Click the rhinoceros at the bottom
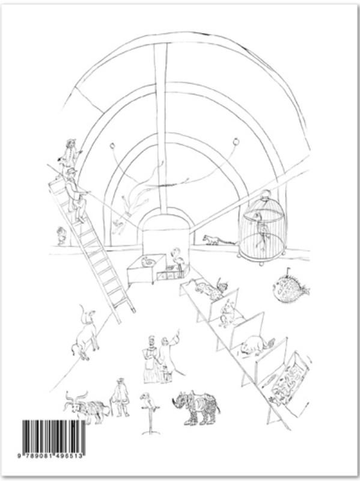196,408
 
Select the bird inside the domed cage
261,228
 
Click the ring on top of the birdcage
265,194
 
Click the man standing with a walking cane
120,397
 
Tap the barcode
53,437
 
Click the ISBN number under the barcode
51,456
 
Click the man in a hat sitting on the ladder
75,195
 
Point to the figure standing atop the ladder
70,153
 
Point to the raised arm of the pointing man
174,337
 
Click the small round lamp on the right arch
236,141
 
